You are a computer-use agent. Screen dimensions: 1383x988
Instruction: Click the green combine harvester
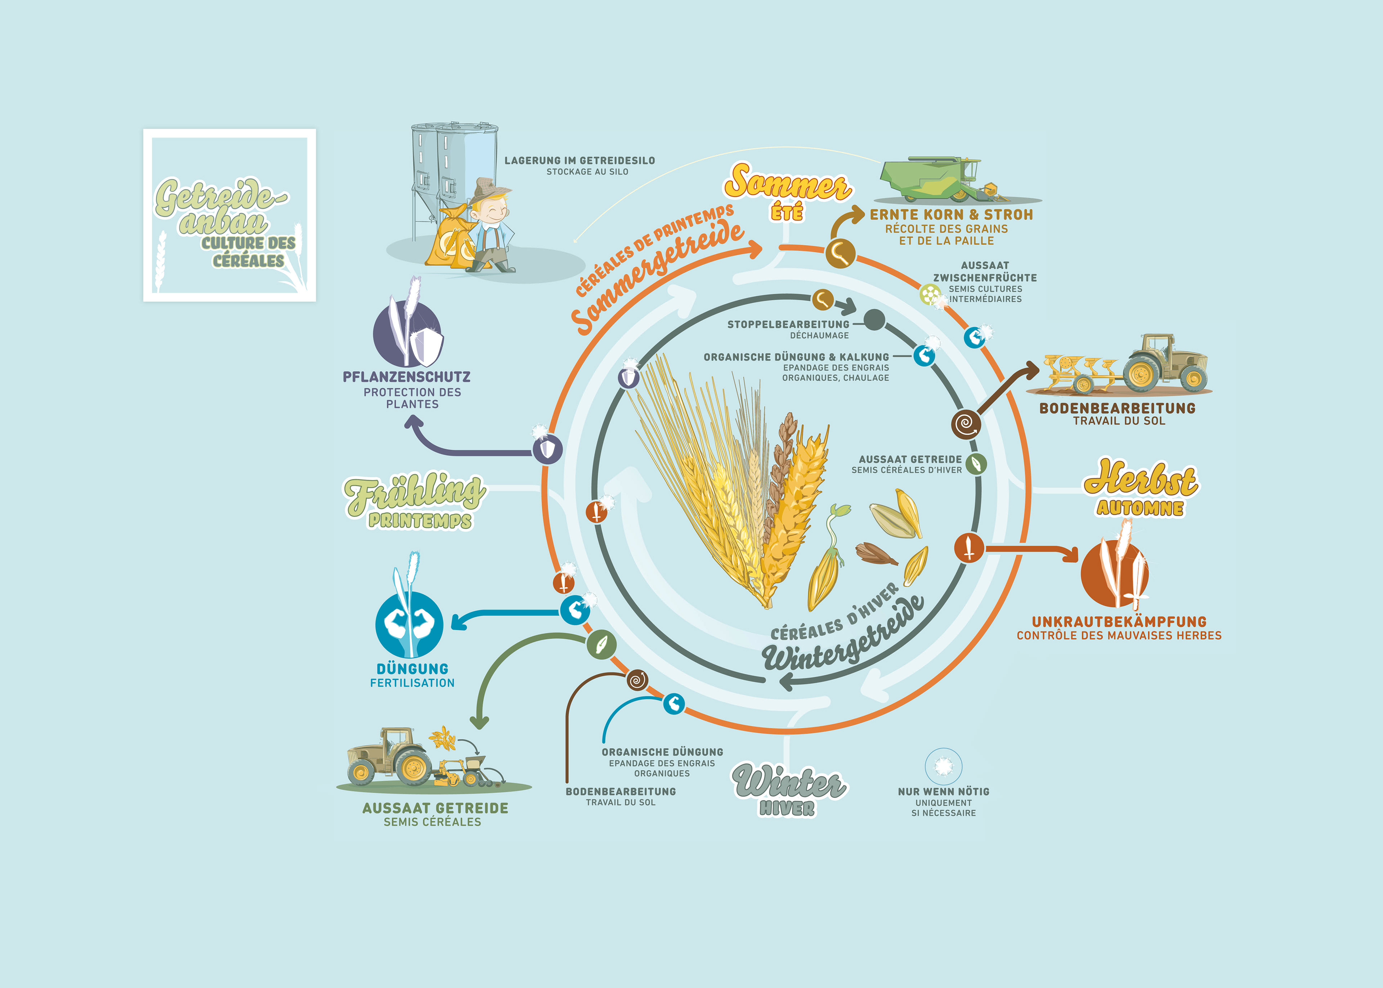(937, 179)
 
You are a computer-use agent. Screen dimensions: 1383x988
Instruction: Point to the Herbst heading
(1140, 479)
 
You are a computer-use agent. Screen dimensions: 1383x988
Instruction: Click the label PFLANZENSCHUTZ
(406, 377)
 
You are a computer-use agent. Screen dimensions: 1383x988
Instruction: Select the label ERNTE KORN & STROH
(951, 215)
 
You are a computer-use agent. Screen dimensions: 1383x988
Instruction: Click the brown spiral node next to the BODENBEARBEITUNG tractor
(966, 424)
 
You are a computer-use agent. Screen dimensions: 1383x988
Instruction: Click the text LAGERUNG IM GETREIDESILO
(579, 161)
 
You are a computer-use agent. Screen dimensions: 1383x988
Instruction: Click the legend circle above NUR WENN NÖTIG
(943, 766)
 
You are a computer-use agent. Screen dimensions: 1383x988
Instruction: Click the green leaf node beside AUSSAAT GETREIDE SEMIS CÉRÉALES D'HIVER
(976, 464)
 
